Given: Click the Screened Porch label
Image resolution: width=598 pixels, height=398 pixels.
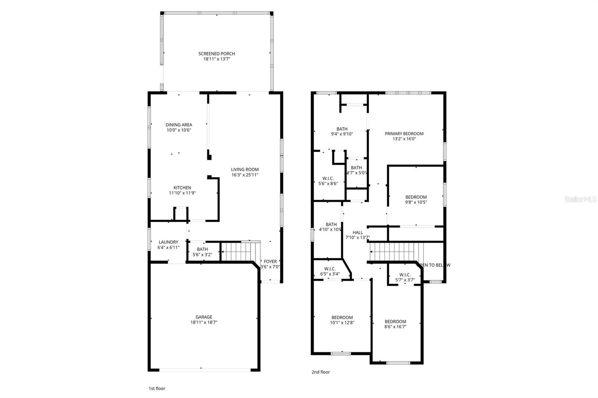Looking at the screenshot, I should [x=216, y=53].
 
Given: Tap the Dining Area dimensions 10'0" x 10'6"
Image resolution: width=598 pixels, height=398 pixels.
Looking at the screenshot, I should [x=179, y=130].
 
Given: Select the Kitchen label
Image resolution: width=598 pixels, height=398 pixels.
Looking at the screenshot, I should [x=182, y=188].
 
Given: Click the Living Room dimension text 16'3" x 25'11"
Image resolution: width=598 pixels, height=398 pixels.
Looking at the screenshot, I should [x=245, y=175].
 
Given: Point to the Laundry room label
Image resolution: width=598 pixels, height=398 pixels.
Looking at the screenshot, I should [x=168, y=242].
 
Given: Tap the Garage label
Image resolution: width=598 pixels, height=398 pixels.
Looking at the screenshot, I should [x=204, y=317].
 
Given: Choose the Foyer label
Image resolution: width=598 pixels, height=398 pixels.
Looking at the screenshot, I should [x=270, y=262].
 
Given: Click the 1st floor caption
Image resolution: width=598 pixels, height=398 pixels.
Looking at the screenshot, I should [x=157, y=388].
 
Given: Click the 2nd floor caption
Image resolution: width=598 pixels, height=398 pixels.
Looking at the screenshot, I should [x=321, y=372].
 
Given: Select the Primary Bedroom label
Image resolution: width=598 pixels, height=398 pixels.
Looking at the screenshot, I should [x=404, y=133].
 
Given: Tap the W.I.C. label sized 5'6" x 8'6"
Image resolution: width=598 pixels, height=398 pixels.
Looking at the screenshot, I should [x=328, y=178].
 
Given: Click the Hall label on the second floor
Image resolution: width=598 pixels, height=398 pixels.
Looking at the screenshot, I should [x=358, y=232].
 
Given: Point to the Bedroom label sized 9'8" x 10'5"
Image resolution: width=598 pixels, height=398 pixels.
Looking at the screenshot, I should [x=416, y=197].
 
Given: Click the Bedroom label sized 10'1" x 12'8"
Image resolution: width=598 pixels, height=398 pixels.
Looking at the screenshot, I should [x=342, y=317].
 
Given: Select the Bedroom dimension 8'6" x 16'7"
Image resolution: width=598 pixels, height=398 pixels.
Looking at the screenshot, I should [x=395, y=327].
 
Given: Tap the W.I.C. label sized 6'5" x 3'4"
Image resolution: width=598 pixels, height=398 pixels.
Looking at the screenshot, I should [x=330, y=269].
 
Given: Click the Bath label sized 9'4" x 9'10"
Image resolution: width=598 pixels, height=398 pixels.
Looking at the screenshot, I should [x=342, y=129].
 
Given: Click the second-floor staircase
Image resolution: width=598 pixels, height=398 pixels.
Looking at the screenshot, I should [x=396, y=252].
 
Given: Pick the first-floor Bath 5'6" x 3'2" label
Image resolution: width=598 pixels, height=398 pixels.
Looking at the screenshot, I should [x=202, y=249].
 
